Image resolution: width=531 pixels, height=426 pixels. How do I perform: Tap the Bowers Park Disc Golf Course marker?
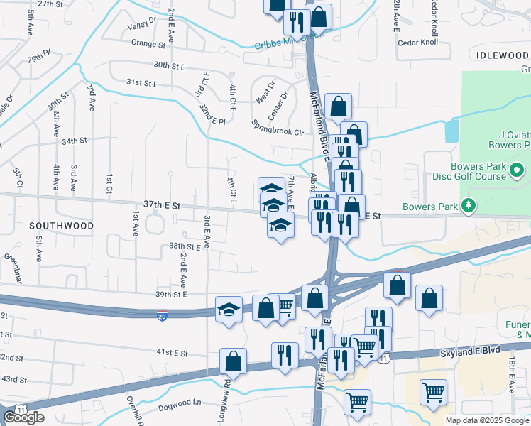[518, 170]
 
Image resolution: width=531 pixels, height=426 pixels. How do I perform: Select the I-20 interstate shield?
[163, 316]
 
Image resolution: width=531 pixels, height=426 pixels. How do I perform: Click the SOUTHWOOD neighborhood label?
[62, 225]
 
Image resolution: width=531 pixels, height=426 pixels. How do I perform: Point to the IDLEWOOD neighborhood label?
[503, 55]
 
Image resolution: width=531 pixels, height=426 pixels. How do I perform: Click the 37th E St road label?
[162, 204]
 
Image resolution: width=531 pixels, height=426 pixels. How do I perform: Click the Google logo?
[23, 417]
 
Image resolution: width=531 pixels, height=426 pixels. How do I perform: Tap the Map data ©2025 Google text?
[487, 420]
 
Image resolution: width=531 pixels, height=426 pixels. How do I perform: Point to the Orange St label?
[148, 43]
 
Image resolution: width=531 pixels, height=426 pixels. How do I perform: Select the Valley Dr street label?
[141, 26]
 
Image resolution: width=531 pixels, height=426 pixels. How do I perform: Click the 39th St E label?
[170, 294]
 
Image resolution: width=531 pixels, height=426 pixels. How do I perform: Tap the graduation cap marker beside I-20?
[229, 309]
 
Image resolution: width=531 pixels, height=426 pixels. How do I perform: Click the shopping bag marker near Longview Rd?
[233, 361]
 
